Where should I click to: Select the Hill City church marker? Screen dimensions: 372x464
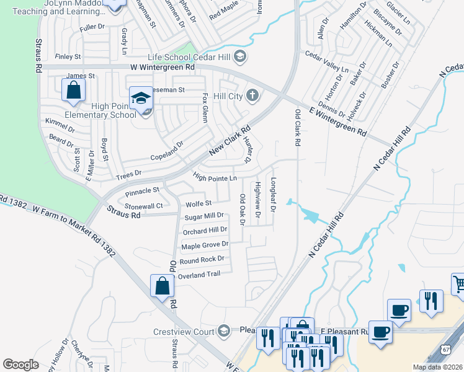(252, 95)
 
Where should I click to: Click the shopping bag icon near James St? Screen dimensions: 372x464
(73, 90)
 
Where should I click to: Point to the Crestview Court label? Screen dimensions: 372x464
(184, 332)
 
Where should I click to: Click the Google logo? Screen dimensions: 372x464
(20, 365)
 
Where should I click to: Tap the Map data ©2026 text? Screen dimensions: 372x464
(437, 367)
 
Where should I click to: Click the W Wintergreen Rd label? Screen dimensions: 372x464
(163, 66)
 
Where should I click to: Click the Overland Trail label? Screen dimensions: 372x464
(199, 274)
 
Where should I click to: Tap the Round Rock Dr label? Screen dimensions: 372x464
(202, 260)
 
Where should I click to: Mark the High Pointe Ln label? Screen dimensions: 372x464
(215, 179)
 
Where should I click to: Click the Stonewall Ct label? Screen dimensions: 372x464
(143, 206)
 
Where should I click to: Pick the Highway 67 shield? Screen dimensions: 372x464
(447, 350)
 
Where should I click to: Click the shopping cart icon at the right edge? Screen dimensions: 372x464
(459, 283)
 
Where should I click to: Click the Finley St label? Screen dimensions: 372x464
(68, 56)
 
